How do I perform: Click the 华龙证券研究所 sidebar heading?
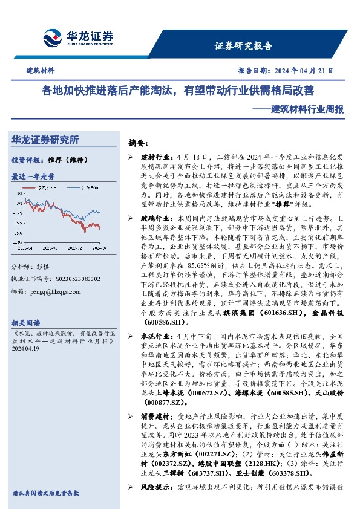click(x=45, y=140)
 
